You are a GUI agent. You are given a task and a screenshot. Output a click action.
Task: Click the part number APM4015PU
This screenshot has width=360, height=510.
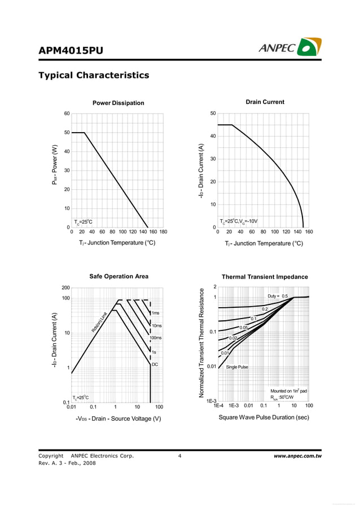(71, 50)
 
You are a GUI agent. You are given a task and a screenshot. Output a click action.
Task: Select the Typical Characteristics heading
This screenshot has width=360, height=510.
(93, 75)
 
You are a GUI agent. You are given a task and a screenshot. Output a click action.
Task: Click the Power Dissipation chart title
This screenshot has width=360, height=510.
(118, 103)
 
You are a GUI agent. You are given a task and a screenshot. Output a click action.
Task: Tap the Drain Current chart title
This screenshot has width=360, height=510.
(265, 102)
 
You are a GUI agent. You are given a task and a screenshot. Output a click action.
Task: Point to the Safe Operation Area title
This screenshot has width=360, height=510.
(118, 276)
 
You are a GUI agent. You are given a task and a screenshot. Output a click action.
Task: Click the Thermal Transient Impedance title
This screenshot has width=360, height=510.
(265, 277)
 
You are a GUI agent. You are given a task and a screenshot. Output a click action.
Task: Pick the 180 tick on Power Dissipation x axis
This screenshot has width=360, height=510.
(163, 232)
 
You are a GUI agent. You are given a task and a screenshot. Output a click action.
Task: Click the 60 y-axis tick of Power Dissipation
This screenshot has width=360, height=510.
(67, 114)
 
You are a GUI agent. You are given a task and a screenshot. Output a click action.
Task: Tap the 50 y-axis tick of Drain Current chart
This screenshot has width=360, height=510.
(213, 114)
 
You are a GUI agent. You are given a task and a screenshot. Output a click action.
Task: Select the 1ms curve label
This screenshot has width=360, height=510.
(156, 313)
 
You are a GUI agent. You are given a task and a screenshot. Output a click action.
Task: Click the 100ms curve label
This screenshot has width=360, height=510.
(156, 338)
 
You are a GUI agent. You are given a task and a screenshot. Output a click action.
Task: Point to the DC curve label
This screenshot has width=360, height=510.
(155, 365)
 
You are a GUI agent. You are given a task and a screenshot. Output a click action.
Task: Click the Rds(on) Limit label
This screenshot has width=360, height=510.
(99, 322)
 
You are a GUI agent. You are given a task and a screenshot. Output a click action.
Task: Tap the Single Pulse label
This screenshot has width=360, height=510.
(237, 367)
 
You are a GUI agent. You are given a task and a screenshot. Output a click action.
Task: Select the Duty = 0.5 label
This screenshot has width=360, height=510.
(278, 296)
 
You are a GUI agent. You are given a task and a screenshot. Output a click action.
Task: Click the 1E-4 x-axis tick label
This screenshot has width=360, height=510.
(218, 406)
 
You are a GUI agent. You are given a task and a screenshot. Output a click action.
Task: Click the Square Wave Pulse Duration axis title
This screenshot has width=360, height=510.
(264, 417)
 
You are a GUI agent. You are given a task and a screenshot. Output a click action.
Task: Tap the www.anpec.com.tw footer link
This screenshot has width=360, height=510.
(297, 456)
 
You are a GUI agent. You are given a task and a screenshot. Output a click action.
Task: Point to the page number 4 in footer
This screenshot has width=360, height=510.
(179, 456)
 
